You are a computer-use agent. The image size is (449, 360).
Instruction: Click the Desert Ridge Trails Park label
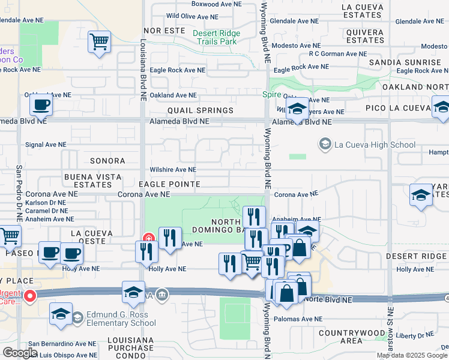pos(216,38)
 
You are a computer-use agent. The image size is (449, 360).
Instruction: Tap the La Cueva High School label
pos(375,145)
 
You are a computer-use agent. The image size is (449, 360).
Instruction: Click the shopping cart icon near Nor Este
pos(99,43)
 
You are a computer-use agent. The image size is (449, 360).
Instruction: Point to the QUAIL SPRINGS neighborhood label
pos(200,111)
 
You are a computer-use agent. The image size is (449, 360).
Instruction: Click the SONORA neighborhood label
pos(107,161)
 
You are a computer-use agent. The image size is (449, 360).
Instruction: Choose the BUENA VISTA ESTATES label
pos(93,181)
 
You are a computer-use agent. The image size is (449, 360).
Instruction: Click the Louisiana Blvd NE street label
pos(143,63)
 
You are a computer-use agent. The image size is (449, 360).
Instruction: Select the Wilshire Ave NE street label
pos(173,170)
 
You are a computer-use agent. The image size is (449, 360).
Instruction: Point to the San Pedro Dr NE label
pos(19,192)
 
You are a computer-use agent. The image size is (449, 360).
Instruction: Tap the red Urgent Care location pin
pos(29,295)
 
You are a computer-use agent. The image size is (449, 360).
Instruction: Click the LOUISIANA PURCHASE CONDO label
pos(128,348)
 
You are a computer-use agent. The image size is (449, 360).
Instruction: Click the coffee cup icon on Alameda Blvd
pos(41,105)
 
